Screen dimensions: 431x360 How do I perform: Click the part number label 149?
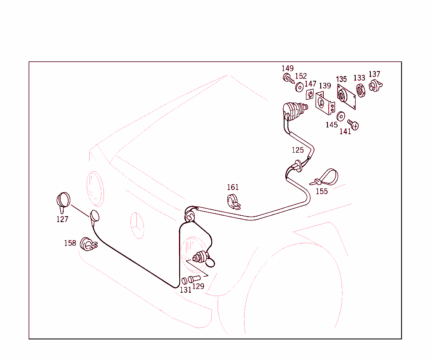287,69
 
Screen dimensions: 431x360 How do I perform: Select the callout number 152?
301,76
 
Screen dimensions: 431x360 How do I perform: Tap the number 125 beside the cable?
298,150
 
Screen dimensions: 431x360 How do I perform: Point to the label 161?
232,187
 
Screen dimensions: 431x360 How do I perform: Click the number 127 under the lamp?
62,220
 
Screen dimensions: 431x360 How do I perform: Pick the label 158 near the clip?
70,244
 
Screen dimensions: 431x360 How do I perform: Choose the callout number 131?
186,290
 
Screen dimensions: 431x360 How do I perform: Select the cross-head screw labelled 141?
353,124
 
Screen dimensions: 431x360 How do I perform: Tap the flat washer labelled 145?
341,116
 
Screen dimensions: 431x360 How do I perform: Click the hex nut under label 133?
361,90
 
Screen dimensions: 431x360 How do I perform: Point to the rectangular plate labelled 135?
346,97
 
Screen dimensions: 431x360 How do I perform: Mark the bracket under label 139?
325,103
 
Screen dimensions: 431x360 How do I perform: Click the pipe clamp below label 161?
233,202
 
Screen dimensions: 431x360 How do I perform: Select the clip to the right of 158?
88,244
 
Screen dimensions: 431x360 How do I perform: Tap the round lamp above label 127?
63,201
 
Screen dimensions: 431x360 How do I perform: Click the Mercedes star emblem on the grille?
137,226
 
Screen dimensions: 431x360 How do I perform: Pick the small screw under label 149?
288,78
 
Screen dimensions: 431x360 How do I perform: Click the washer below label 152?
299,87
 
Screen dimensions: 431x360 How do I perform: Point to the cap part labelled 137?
375,85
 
